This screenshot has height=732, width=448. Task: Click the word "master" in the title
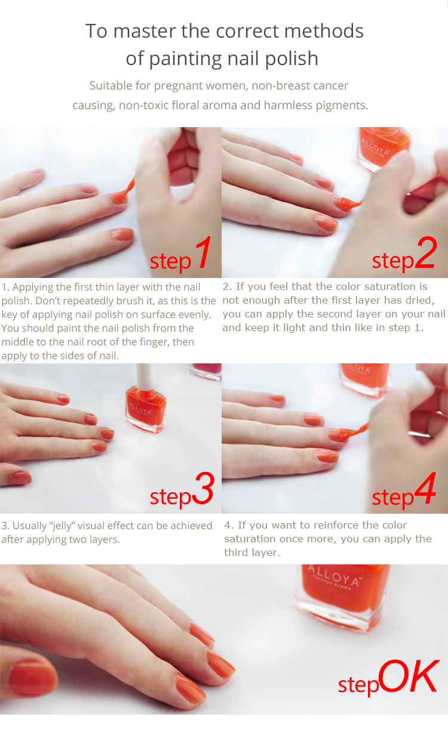pos(144,32)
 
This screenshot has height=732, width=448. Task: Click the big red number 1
pos(204,252)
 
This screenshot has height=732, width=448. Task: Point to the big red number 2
pos(426,252)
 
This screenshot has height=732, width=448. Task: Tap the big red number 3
pos(204,488)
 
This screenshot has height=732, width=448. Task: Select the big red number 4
pos(425,488)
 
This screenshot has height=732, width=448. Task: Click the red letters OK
pos(409,676)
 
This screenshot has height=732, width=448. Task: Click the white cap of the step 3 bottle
pos(146,376)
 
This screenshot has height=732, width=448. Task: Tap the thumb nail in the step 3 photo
pos(20,478)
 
